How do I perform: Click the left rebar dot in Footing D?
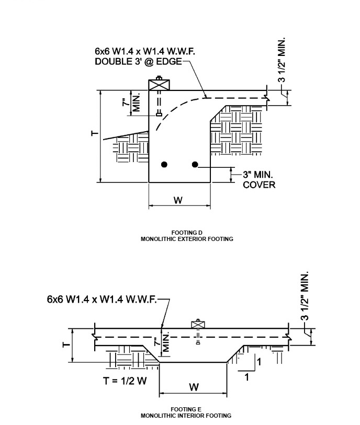point(164,165)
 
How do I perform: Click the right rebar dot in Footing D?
point(195,165)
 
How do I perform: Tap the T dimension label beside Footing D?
point(93,135)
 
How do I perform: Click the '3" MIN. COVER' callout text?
point(258,179)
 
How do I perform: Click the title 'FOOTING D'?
point(186,232)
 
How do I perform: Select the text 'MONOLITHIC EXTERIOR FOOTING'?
point(186,238)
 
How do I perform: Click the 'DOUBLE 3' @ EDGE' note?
point(139,62)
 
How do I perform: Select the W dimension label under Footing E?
point(194,387)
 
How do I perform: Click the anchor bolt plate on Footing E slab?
point(198,324)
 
